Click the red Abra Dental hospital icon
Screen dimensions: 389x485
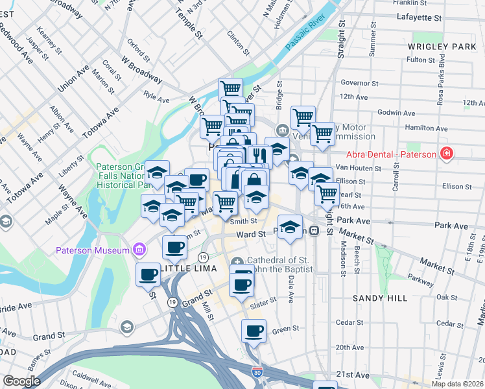[447, 154]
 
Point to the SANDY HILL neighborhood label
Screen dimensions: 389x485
[381, 298]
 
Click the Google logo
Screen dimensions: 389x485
[21, 381]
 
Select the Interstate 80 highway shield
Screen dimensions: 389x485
[257, 372]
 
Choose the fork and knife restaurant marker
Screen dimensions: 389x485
[257, 156]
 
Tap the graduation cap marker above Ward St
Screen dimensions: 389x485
[290, 226]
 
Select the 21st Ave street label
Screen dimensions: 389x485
[353, 375]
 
